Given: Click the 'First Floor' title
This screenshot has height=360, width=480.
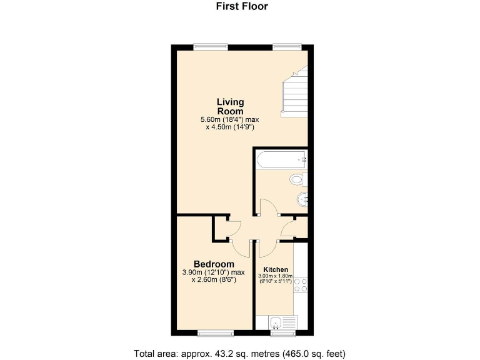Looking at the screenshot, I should coord(242,7).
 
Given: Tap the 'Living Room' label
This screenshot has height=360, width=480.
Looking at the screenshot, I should coord(231,106).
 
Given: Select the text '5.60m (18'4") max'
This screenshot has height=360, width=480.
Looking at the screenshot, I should coord(229,119).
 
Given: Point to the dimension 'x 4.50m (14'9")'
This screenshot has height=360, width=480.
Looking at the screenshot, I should coord(229,127).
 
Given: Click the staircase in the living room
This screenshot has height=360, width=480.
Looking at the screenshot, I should coord(294,94).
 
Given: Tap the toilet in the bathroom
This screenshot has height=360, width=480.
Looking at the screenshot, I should coord(298,180).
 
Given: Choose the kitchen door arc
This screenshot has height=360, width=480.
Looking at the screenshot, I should coord(265,248).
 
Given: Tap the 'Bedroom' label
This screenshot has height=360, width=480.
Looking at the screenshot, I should coord(214,264).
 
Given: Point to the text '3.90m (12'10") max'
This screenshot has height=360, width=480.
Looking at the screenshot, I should coord(214,272).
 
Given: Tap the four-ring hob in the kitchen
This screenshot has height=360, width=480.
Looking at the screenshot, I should coord(301,284).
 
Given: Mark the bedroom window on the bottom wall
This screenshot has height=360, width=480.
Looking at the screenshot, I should coord(216,332).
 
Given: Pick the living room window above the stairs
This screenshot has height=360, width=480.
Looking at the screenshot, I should coord(287,45).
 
